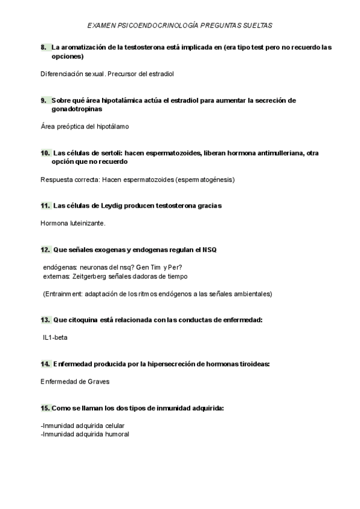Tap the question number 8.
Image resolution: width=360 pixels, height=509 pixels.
44,47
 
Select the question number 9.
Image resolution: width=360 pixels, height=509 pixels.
44,100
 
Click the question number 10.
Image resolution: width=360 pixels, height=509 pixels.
45,153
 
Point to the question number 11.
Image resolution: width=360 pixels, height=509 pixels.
45,206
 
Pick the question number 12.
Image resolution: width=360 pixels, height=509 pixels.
45,250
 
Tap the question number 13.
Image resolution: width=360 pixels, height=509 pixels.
45,320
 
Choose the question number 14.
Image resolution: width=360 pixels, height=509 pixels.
45,364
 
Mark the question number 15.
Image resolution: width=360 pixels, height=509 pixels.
45,408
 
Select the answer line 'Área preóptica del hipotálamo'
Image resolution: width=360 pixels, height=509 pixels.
85,127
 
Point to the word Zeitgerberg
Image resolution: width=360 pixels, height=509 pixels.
89,276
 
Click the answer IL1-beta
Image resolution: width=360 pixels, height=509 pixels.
55,337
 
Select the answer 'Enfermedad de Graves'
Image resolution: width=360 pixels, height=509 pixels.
75,382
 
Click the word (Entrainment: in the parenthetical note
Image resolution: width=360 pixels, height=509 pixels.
62,294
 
